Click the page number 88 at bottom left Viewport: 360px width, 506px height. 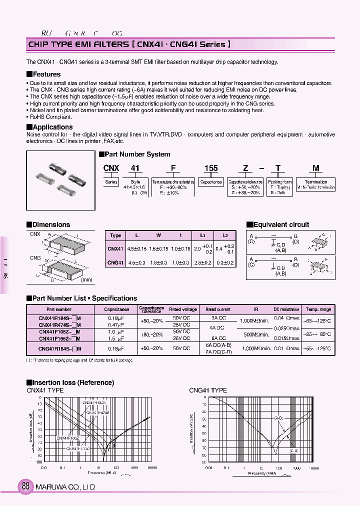tap(26, 486)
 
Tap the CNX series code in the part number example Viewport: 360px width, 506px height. tap(111, 168)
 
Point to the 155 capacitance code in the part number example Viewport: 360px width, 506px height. tap(211, 168)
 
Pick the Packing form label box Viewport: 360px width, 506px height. tap(279, 182)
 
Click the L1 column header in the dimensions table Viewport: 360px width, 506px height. tap(203, 235)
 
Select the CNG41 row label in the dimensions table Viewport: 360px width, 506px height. tap(115, 262)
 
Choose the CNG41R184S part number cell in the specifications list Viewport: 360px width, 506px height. tap(60, 348)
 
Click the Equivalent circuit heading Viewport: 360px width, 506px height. tap(281, 224)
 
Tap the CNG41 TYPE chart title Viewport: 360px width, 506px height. tap(207, 390)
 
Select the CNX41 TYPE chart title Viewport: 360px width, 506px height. tap(45, 390)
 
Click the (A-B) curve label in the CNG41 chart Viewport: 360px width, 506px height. tap(278, 417)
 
